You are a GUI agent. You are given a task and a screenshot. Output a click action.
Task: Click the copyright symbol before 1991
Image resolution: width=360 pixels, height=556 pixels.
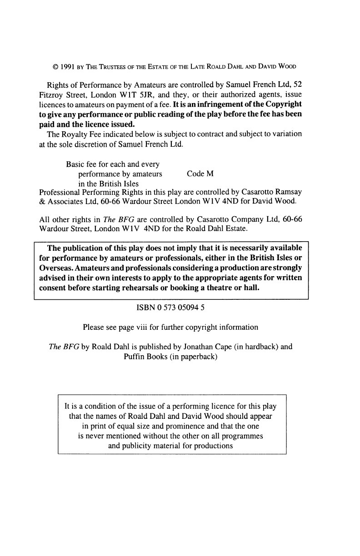(55, 66)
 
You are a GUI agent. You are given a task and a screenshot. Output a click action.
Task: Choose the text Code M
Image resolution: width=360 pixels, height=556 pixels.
(200, 174)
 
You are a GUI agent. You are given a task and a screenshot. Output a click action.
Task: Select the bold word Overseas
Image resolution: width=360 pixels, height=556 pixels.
(52, 268)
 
